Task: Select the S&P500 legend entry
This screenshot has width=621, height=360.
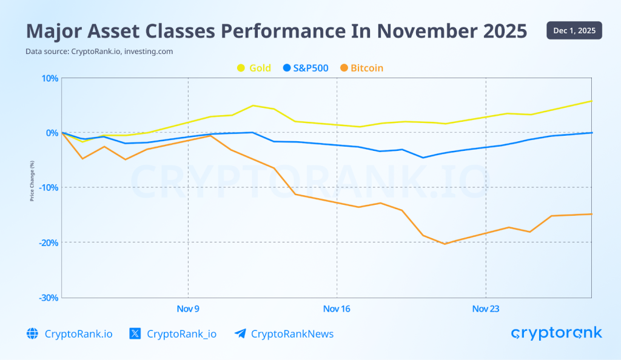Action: [x=306, y=68]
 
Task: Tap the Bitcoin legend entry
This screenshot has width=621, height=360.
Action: [x=362, y=68]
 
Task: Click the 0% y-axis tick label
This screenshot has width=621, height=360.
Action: [x=52, y=133]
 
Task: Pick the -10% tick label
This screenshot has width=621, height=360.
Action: [x=49, y=188]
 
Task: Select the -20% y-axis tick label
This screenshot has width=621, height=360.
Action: [x=49, y=242]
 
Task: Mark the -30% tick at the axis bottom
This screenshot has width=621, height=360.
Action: [x=49, y=298]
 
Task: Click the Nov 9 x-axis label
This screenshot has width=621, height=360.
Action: [x=188, y=309]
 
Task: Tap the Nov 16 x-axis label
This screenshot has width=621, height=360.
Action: [x=337, y=309]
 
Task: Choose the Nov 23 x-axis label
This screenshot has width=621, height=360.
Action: [x=486, y=309]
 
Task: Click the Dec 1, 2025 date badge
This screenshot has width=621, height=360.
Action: [x=574, y=30]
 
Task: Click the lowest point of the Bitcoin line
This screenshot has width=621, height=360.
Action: [x=445, y=244]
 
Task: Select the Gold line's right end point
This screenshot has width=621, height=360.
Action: [x=591, y=101]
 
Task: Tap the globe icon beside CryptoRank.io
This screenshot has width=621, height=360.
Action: [x=32, y=333]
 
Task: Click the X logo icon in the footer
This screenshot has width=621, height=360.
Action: [x=135, y=333]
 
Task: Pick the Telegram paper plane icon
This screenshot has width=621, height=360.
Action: [x=240, y=333]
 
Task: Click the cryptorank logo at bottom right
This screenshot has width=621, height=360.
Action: [x=556, y=333]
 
